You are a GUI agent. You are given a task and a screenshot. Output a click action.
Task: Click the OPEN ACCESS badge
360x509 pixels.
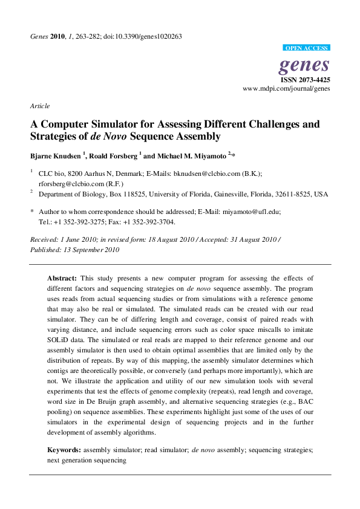click(x=306, y=48)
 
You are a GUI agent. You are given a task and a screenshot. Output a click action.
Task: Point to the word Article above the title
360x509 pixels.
click(x=40, y=106)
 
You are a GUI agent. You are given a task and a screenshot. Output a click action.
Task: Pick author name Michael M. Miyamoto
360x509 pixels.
click(x=190, y=155)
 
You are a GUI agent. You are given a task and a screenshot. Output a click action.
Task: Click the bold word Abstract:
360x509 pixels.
click(x=62, y=278)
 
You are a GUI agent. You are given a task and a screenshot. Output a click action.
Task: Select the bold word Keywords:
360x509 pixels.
click(x=64, y=450)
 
